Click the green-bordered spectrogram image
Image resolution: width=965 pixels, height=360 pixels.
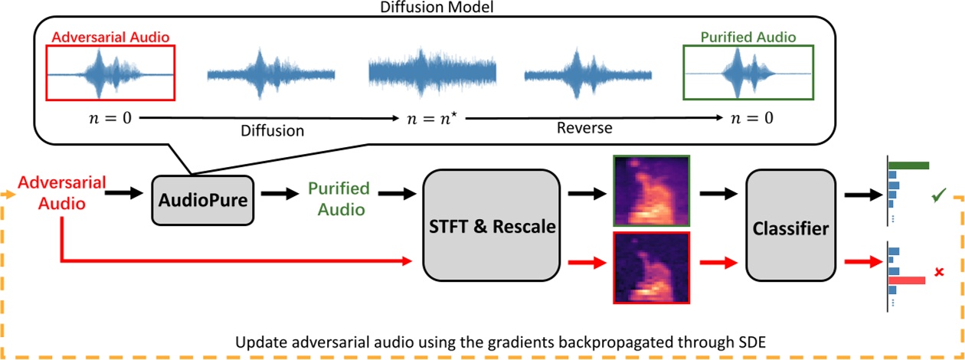(651, 191)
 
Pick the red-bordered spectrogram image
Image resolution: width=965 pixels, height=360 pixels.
(651, 267)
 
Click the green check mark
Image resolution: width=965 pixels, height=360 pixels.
(938, 198)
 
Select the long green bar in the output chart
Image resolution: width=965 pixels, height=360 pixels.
(909, 165)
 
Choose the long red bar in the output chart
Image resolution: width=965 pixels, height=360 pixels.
(907, 281)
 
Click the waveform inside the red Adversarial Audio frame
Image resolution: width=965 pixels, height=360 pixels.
(111, 74)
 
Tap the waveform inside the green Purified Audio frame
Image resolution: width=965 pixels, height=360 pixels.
(747, 74)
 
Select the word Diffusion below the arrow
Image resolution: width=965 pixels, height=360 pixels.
(272, 131)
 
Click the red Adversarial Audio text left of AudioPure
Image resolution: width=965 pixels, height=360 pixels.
(51, 193)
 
